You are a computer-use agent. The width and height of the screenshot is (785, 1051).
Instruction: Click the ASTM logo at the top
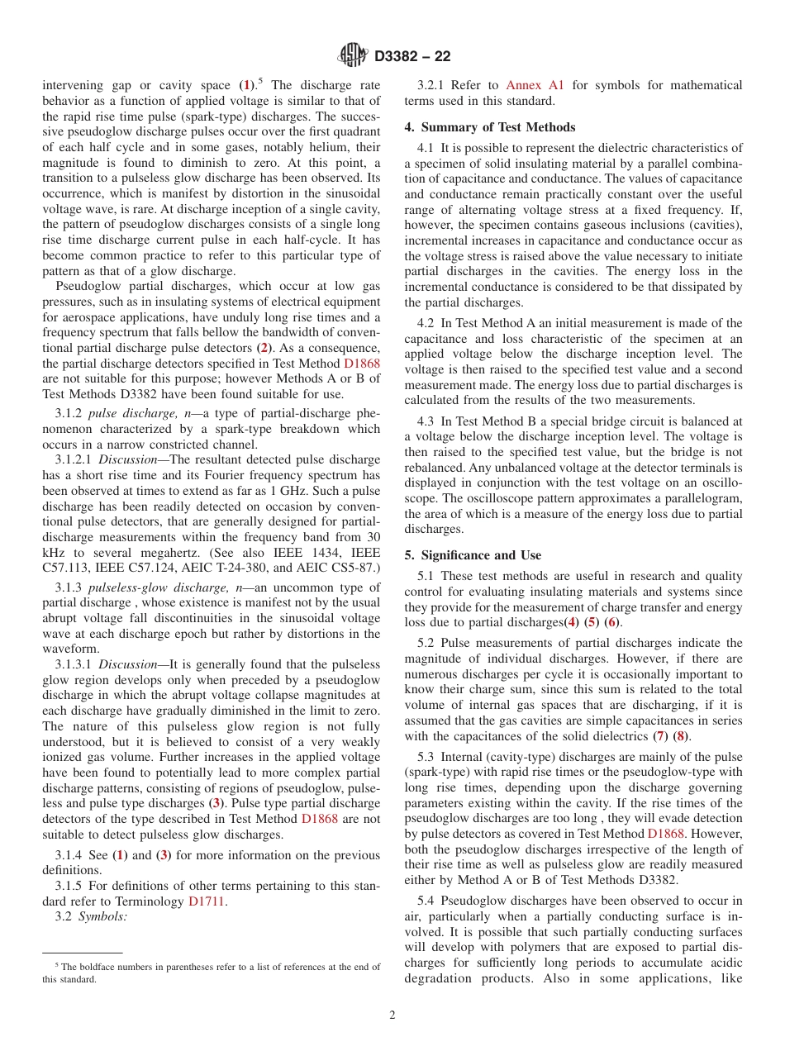click(353, 55)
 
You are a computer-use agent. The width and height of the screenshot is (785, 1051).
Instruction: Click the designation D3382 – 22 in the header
click(412, 56)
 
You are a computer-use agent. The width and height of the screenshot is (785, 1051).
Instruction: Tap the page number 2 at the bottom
click(392, 1015)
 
